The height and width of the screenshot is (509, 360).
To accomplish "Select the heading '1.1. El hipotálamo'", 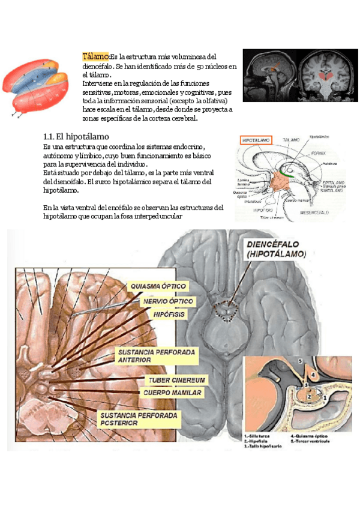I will coord(76,136).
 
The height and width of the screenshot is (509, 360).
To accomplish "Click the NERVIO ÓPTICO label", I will coord(167,301).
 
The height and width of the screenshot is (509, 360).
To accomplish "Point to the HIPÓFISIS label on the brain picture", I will coord(169,315).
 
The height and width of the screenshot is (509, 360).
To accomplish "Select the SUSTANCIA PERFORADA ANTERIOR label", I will coord(151,355).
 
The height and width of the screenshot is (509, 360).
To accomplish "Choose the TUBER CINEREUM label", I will coord(178,381).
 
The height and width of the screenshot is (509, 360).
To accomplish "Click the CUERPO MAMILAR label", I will coord(173,393).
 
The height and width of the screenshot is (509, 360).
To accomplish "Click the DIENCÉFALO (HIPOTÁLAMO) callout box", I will coord(277,250).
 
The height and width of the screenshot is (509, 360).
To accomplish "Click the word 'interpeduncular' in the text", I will coord(155,217).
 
